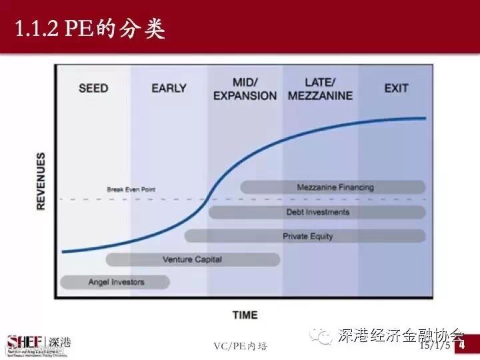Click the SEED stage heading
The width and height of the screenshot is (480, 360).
click(93, 88)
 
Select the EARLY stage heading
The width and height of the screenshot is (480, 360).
click(169, 88)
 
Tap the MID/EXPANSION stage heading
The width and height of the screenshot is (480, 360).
click(245, 89)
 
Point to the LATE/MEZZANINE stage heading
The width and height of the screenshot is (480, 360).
click(320, 89)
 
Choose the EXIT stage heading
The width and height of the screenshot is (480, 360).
click(396, 88)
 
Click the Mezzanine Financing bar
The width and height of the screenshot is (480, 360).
click(333, 187)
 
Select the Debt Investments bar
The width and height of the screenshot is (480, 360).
click(317, 212)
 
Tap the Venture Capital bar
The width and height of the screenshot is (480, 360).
click(193, 259)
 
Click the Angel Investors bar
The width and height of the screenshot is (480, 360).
click(115, 282)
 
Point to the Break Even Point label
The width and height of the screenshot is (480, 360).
click(131, 189)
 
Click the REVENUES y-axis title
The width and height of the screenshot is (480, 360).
click(41, 181)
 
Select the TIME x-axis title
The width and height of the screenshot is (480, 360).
click(245, 315)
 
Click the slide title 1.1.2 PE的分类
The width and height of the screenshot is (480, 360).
click(89, 28)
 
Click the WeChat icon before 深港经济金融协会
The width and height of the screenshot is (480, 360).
click(324, 335)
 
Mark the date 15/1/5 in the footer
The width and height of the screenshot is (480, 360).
click(434, 347)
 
